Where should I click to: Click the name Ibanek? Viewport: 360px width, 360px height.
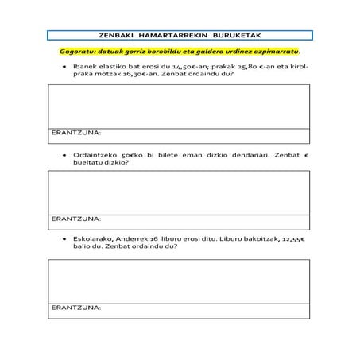tap(85, 66)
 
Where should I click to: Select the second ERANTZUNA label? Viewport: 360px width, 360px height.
tap(76, 218)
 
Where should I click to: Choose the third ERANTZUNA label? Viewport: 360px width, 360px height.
tap(76, 306)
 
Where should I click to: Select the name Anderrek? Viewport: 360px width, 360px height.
tap(131, 238)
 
